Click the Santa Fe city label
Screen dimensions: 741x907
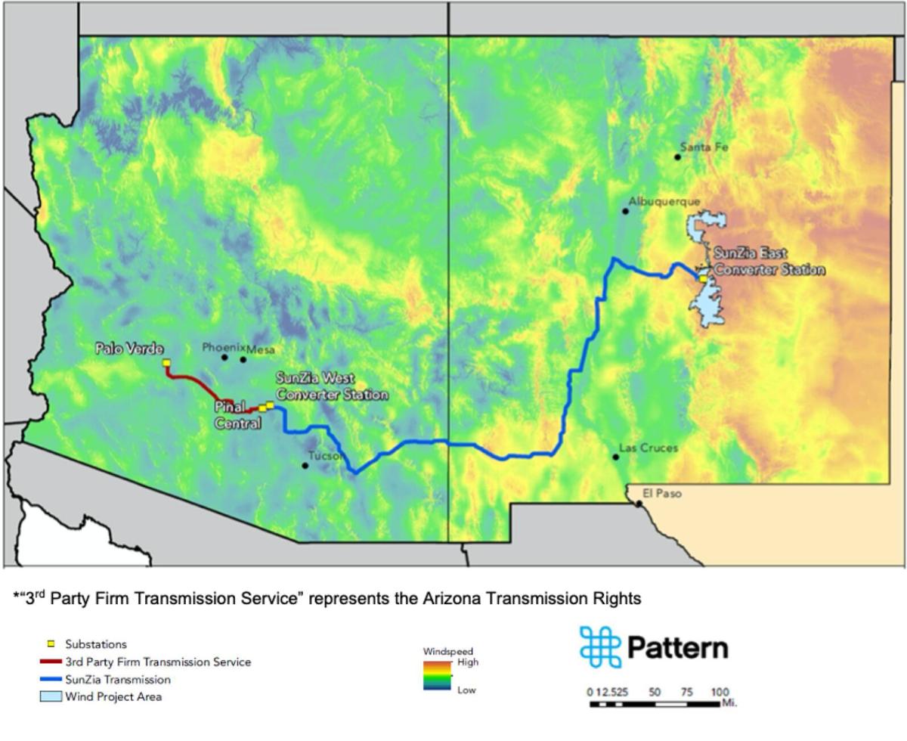click(704, 147)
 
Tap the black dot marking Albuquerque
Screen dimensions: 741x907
click(625, 211)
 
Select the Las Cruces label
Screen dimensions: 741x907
click(649, 448)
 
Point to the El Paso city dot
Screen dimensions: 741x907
click(639, 504)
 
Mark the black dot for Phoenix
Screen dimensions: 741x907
click(224, 357)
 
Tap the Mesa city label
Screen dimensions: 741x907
click(261, 349)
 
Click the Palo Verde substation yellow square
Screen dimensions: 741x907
click(166, 363)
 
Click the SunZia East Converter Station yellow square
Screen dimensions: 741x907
click(703, 279)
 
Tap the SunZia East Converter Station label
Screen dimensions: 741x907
click(768, 262)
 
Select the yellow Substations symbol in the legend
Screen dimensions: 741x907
click(51, 644)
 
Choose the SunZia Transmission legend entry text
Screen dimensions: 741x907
click(118, 679)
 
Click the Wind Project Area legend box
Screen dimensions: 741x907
click(51, 696)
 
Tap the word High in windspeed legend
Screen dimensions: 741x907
click(468, 662)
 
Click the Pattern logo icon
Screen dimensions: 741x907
click(600, 646)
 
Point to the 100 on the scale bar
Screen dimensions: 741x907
click(720, 692)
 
